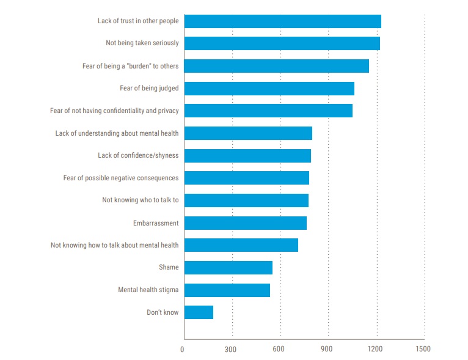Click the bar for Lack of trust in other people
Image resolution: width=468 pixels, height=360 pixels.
pyautogui.click(x=282, y=21)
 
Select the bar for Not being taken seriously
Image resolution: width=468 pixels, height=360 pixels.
pyautogui.click(x=282, y=43)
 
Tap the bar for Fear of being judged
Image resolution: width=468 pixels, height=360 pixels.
pyautogui.click(x=269, y=89)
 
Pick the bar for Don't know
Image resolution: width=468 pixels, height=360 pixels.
pyautogui.click(x=199, y=312)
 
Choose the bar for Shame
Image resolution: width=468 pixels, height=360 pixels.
pyautogui.click(x=228, y=268)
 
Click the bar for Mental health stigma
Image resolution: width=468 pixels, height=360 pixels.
pyautogui.click(x=227, y=290)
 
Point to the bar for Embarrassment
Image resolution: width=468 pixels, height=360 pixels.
pyautogui.click(x=245, y=223)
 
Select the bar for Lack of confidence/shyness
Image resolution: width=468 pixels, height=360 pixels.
pyautogui.click(x=247, y=156)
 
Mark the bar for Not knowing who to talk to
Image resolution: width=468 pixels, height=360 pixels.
pyautogui.click(x=246, y=200)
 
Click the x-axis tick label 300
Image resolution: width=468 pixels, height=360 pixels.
pyautogui.click(x=230, y=349)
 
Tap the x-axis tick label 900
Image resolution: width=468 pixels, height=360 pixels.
pyautogui.click(x=327, y=349)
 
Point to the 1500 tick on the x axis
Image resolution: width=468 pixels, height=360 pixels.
pyautogui.click(x=423, y=349)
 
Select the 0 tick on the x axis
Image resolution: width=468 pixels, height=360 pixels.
pyautogui.click(x=182, y=349)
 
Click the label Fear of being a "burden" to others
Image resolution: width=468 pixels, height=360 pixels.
pyautogui.click(x=130, y=66)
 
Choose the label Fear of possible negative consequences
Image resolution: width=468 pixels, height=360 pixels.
pyautogui.click(x=121, y=178)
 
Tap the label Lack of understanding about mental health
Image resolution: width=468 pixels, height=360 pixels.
pyautogui.click(x=117, y=133)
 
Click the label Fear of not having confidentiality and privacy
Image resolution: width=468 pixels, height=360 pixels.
pyautogui.click(x=114, y=111)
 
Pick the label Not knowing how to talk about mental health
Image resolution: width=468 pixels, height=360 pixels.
pyautogui.click(x=114, y=245)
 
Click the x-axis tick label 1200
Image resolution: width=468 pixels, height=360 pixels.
pyautogui.click(x=375, y=349)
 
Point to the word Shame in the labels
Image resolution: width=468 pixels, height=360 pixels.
pyautogui.click(x=169, y=268)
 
